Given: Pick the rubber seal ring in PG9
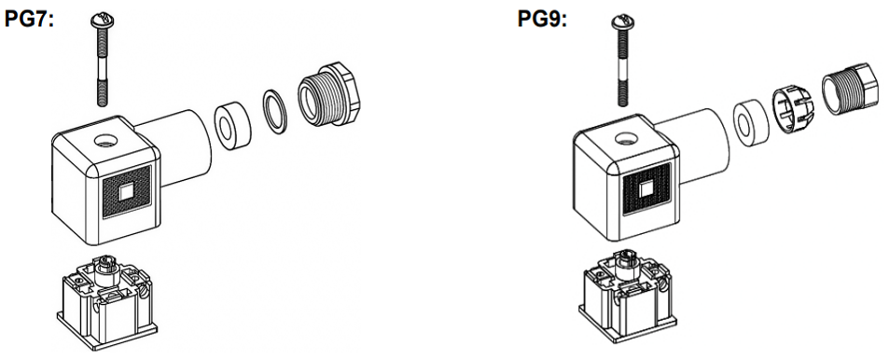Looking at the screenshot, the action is click(x=746, y=120).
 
